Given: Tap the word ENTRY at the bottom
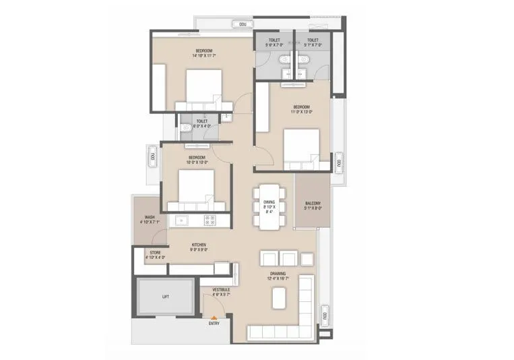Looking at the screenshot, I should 214,324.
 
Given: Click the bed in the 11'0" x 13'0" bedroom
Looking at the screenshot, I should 300,148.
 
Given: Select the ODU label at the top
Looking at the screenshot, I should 243,24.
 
